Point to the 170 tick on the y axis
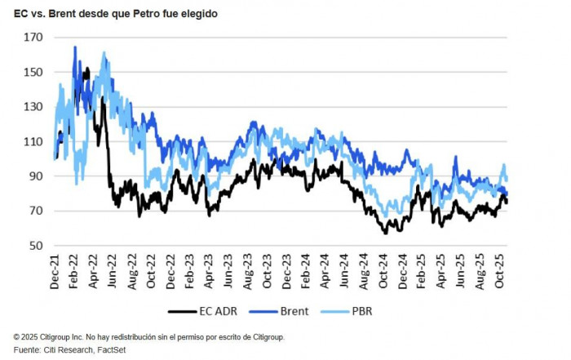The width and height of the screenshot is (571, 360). [33, 38]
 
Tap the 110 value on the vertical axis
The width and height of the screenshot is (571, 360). [33, 142]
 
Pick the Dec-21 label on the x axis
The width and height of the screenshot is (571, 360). [55, 269]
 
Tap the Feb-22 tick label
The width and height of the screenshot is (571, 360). [74, 269]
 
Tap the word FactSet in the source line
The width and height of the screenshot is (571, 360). [112, 349]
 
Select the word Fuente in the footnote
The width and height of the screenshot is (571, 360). [27, 349]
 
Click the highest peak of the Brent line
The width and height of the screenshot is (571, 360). [75, 47]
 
